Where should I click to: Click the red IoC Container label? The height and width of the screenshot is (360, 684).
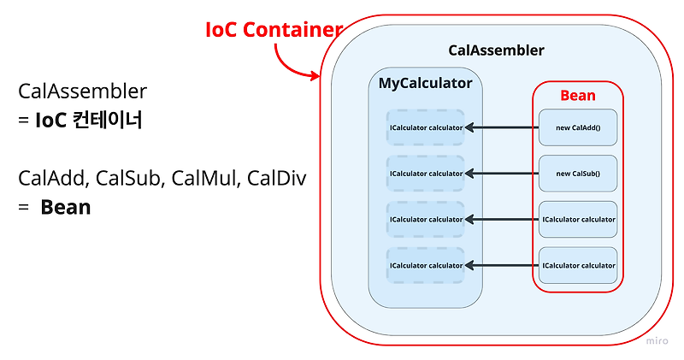click(274, 29)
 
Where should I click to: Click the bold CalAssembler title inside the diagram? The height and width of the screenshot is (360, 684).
click(496, 50)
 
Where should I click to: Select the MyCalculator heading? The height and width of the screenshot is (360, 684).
click(425, 83)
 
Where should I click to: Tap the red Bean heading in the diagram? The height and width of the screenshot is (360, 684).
click(578, 95)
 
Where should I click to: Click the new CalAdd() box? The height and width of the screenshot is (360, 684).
click(577, 127)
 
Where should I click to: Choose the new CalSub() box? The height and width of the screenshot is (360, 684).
click(577, 174)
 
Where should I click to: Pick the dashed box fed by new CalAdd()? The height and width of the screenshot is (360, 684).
click(425, 128)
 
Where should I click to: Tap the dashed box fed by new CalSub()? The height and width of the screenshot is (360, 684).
click(425, 174)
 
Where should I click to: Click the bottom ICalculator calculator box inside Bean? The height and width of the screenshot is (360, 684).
click(577, 265)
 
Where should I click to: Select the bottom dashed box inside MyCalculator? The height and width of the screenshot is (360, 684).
click(425, 265)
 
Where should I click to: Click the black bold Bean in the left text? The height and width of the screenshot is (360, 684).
click(65, 207)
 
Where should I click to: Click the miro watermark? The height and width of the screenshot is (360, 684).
click(656, 340)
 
